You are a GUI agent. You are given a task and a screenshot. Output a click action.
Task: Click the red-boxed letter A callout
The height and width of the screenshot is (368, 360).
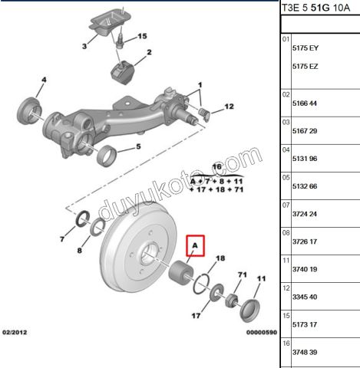click(x=195, y=245)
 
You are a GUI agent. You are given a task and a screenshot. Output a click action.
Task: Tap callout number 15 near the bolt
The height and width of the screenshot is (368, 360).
click(x=143, y=36)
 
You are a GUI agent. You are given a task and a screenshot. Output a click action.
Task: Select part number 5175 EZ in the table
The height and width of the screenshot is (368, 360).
click(x=306, y=67)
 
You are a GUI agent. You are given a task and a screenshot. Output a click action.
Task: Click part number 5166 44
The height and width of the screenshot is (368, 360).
click(x=305, y=103)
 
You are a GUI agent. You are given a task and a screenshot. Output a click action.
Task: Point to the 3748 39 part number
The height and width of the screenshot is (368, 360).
click(x=305, y=352)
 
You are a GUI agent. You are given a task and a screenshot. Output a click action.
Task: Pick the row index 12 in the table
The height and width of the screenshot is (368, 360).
click(x=286, y=288)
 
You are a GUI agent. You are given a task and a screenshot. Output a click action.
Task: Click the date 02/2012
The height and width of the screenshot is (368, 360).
click(x=15, y=332)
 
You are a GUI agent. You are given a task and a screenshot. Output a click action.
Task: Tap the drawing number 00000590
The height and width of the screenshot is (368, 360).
click(x=262, y=332)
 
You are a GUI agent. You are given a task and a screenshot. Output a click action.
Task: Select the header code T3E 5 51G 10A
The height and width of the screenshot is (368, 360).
click(x=315, y=8)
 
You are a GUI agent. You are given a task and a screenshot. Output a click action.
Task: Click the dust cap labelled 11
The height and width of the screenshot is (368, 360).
click(x=249, y=310)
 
